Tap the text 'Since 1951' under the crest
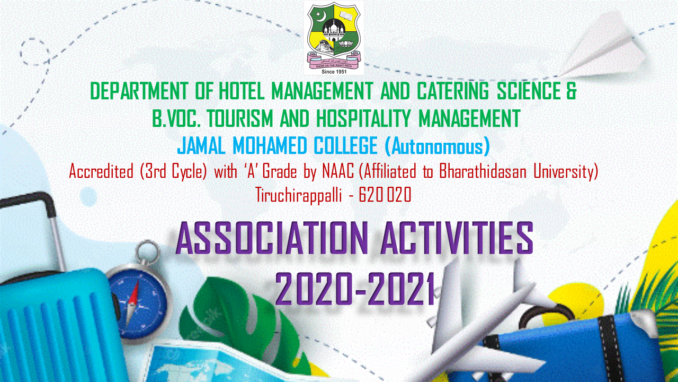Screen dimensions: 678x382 pyautogui.click(x=334, y=72)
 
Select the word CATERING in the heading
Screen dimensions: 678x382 pyautogui.click(x=452, y=91)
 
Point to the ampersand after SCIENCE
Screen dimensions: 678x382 pyautogui.click(x=571, y=91)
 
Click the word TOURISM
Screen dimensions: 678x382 pyautogui.click(x=240, y=118)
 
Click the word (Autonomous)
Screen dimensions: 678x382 pyautogui.click(x=437, y=146)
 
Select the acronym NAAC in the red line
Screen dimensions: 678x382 pyautogui.click(x=338, y=172)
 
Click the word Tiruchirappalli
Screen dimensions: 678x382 pyautogui.click(x=299, y=195)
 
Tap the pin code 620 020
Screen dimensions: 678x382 pyautogui.click(x=385, y=195)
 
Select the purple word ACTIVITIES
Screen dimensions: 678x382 pyautogui.click(x=457, y=238)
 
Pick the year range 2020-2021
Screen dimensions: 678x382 pyautogui.click(x=354, y=289)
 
